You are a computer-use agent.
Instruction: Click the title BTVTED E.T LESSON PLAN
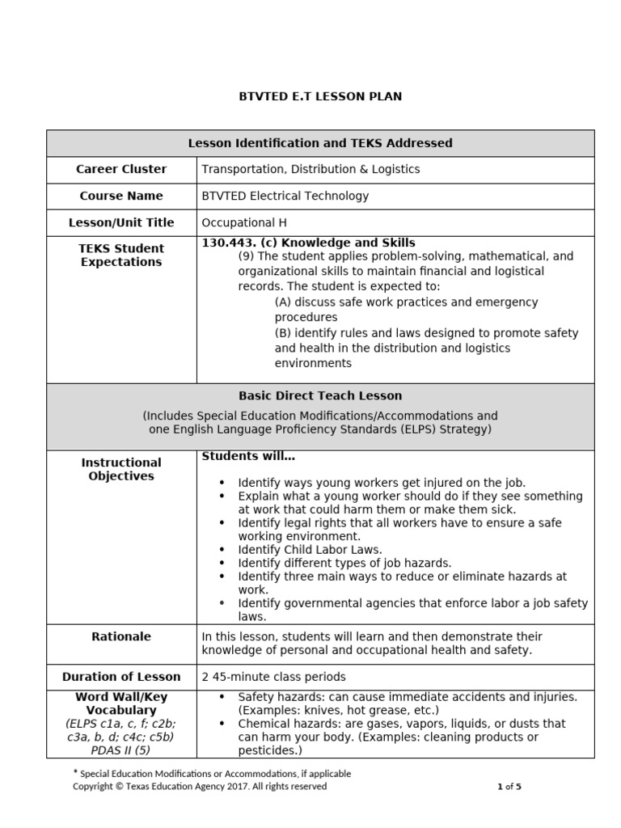[320, 96]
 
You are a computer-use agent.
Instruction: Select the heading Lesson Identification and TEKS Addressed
[320, 143]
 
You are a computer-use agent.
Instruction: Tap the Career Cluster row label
[121, 169]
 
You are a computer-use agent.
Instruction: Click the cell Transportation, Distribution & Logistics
[310, 169]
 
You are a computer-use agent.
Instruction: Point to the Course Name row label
[121, 196]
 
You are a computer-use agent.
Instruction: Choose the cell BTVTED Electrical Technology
[285, 196]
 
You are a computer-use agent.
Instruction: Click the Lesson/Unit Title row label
[121, 222]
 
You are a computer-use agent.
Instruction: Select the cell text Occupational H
[243, 222]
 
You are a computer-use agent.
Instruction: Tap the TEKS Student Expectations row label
[121, 255]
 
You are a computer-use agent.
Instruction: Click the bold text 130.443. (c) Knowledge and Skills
[308, 243]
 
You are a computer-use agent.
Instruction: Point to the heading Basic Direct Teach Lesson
[320, 396]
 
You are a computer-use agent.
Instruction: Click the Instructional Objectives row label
[121, 469]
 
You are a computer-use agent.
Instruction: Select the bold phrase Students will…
[248, 457]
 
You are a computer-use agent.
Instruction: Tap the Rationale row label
[121, 636]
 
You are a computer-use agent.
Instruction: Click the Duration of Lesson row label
[121, 677]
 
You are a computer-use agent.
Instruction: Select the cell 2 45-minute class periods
[273, 677]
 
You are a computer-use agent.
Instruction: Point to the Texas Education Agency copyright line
[200, 786]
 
